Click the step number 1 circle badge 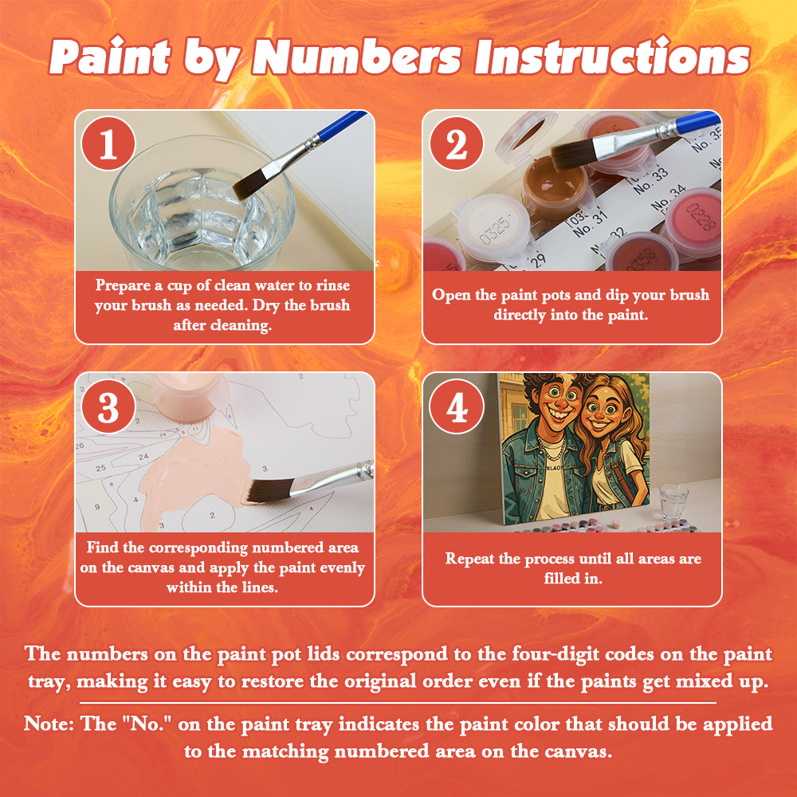[x=108, y=143]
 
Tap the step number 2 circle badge [x=456, y=143]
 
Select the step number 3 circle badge [x=108, y=406]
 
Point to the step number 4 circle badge [x=456, y=406]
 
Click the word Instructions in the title [x=612, y=57]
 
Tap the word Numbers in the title [x=356, y=57]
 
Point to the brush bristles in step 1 [x=250, y=185]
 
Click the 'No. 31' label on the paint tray [x=590, y=226]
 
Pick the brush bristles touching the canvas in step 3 [x=270, y=490]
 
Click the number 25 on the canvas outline [x=100, y=468]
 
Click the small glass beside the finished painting [x=674, y=501]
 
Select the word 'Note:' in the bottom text [x=49, y=724]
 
